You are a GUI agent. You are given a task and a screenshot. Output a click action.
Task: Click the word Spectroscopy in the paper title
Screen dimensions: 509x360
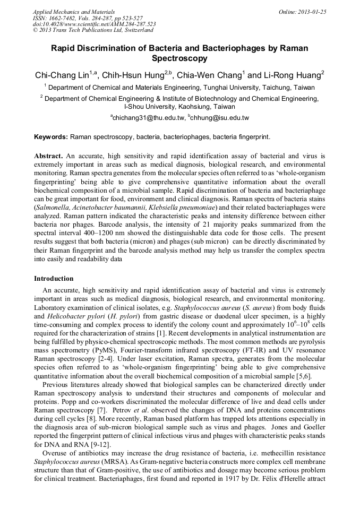(x=179, y=58)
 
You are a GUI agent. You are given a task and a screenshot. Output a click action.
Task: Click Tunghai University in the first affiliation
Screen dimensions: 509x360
(x=235, y=88)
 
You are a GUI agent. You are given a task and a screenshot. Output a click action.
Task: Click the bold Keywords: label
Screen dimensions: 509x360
(x=51, y=137)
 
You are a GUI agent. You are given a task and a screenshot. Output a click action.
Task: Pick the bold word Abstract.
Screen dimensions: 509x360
(x=49, y=157)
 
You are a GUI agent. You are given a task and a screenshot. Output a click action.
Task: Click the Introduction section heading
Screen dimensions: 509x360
(x=54, y=279)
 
